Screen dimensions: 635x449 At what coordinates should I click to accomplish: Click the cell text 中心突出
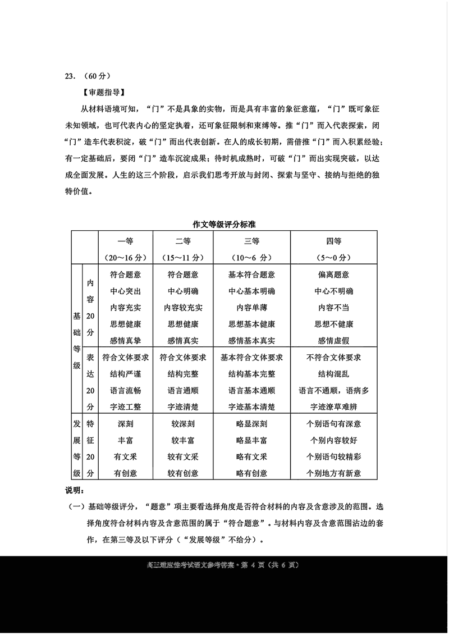point(125,291)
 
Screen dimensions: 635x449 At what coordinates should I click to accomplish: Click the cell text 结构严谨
point(125,374)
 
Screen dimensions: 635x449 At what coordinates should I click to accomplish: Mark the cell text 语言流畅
point(125,390)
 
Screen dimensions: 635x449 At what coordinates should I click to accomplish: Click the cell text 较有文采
point(183,456)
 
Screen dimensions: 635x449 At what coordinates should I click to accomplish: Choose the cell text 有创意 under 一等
point(125,473)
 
